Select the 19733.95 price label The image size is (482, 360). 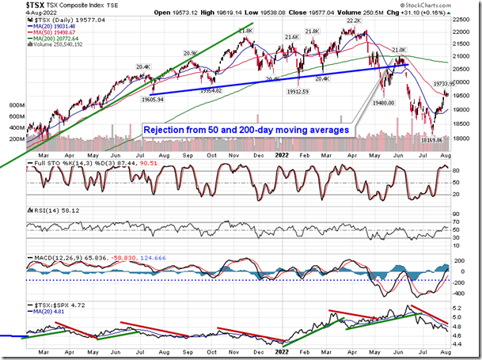(444, 82)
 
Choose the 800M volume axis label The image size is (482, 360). (13, 104)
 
